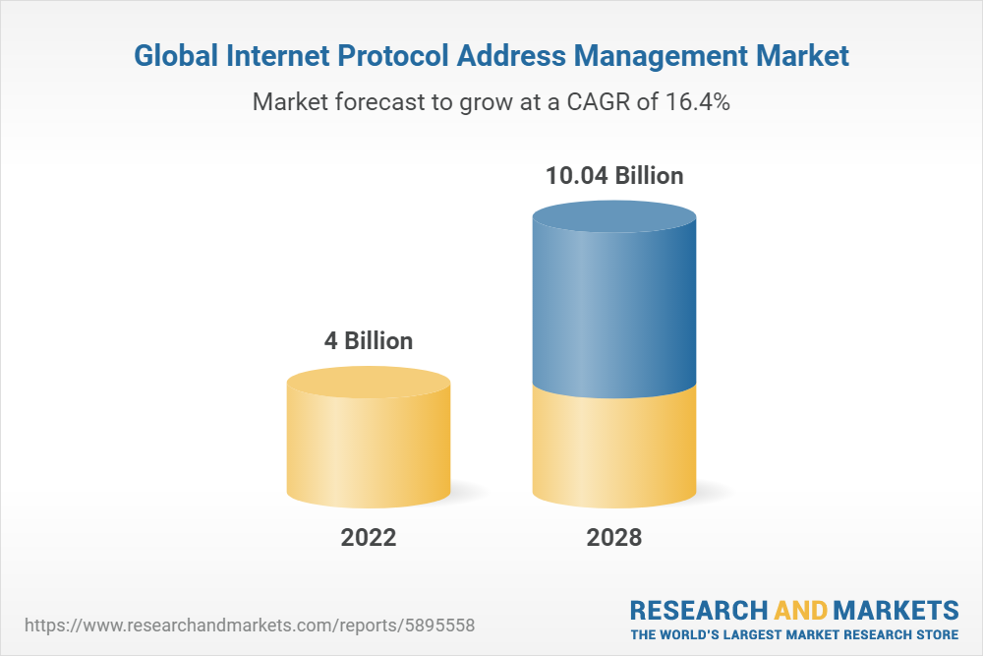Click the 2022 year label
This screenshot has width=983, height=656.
coord(369,538)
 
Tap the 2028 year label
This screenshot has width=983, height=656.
coord(614,538)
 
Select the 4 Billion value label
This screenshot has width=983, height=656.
coord(369,341)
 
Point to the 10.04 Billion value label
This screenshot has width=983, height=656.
coord(614,176)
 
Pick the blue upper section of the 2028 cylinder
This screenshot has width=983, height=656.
coord(614,315)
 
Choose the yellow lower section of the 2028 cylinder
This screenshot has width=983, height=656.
coord(614,447)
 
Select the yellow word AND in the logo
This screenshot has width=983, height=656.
coord(801,609)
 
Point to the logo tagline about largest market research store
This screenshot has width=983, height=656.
coord(794,633)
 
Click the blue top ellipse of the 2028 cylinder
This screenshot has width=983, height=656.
coord(614,219)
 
